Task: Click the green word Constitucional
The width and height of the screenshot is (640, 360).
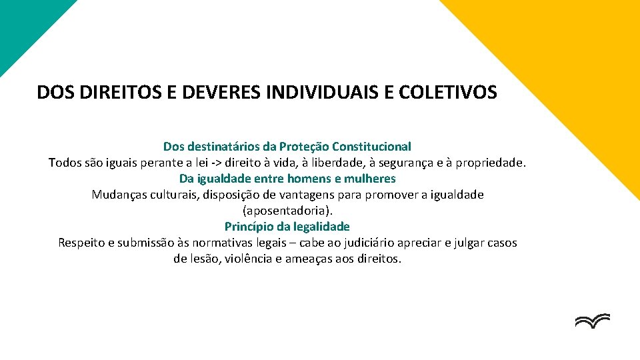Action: point(372,146)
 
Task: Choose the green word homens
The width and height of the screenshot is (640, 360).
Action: point(309,179)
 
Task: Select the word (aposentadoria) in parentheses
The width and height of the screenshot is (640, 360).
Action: point(287,211)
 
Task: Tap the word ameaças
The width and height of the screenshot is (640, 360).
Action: point(311,259)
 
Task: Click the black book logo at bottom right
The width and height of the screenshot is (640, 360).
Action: point(592,321)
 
